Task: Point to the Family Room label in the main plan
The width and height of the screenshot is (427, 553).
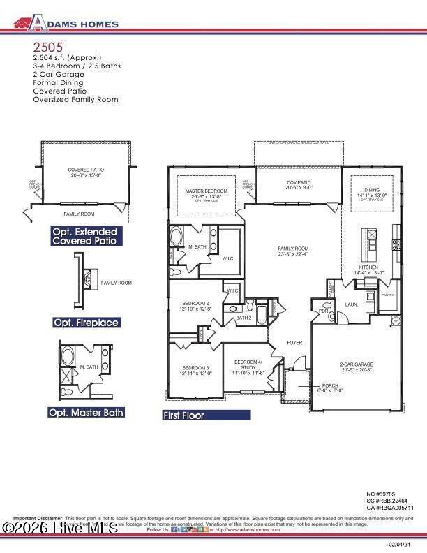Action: coord(293,249)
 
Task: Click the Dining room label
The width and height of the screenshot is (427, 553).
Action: coord(372,190)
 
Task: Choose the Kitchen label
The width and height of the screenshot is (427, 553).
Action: coord(368,267)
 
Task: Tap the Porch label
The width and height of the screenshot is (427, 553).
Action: coord(330,385)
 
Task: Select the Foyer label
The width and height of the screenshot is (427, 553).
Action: coord(294,343)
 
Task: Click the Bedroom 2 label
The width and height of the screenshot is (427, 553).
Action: coord(195,304)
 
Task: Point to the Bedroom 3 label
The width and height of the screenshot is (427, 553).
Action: coord(195,368)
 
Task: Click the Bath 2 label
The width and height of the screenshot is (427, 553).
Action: coord(244,318)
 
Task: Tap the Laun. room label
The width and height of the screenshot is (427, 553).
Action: coord(352,304)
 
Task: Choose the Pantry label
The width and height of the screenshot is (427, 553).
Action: coord(388,295)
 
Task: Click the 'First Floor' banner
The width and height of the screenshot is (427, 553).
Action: coord(206,415)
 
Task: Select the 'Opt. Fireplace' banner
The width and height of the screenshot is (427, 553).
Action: coord(86,323)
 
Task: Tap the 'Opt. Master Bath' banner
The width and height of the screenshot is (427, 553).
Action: coord(86,413)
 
